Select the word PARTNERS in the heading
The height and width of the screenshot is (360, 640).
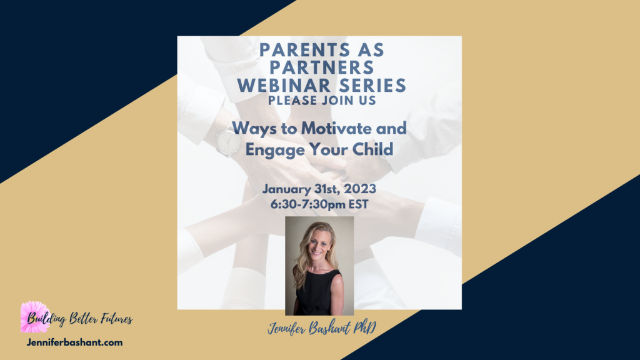322,67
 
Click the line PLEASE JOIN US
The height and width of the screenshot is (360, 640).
322,101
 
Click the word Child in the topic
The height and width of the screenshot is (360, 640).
372,149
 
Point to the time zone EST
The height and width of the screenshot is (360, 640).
358,204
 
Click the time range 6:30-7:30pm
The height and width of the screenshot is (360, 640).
308,204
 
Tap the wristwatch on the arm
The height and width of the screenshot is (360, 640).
227,142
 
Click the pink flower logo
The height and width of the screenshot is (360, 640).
34,317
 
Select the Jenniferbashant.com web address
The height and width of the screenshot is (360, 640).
75,342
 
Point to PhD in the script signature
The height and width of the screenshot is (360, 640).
365,327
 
